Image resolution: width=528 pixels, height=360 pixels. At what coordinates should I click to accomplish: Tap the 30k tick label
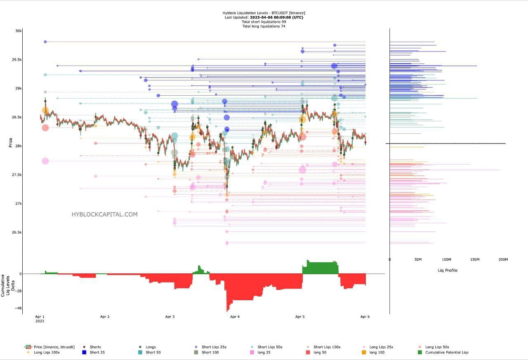(18, 31)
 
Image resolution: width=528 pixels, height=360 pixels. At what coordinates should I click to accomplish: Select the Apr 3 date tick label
(170, 317)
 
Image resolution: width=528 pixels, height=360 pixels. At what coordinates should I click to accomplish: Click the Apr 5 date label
(300, 317)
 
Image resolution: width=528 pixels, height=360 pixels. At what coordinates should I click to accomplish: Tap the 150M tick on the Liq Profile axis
(475, 259)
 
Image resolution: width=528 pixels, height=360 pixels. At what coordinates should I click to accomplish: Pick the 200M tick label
(503, 259)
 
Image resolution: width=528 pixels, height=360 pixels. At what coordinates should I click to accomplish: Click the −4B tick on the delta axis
(18, 308)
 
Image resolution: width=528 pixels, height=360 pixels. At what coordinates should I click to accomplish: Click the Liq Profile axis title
(448, 270)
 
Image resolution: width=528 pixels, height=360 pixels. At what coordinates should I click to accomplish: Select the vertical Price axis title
(10, 143)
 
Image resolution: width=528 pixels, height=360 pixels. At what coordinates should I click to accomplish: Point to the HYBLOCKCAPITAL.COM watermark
(104, 214)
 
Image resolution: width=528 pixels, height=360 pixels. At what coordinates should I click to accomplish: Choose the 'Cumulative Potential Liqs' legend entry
(447, 352)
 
